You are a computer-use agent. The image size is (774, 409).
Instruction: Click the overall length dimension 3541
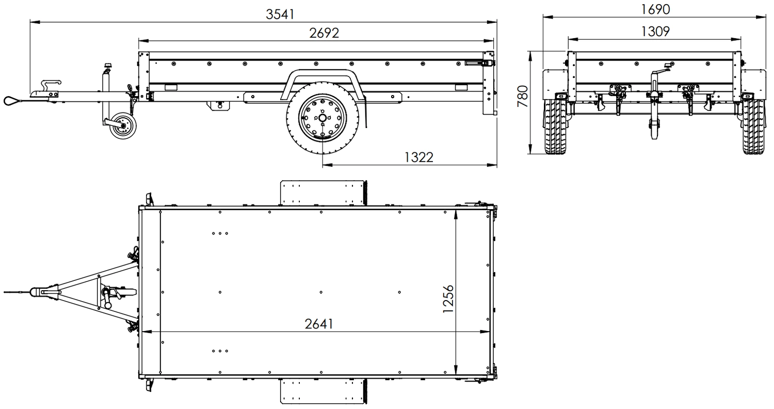pyautogui.click(x=280, y=14)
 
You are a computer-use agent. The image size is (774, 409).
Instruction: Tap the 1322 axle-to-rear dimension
pyautogui.click(x=418, y=158)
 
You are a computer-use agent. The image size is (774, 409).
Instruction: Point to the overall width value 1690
pyautogui.click(x=655, y=9)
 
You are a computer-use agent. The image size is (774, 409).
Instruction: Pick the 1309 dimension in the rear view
pyautogui.click(x=655, y=31)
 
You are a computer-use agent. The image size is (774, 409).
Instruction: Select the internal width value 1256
pyautogui.click(x=447, y=298)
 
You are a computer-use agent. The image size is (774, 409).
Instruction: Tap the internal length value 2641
pyautogui.click(x=319, y=324)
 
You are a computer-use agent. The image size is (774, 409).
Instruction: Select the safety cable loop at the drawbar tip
pyautogui.click(x=11, y=100)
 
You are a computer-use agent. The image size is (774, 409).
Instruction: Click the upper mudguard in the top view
pyautogui.click(x=322, y=193)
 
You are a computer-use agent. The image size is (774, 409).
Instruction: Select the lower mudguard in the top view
pyautogui.click(x=322, y=392)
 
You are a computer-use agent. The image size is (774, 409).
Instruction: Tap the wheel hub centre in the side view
pyautogui.click(x=322, y=118)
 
